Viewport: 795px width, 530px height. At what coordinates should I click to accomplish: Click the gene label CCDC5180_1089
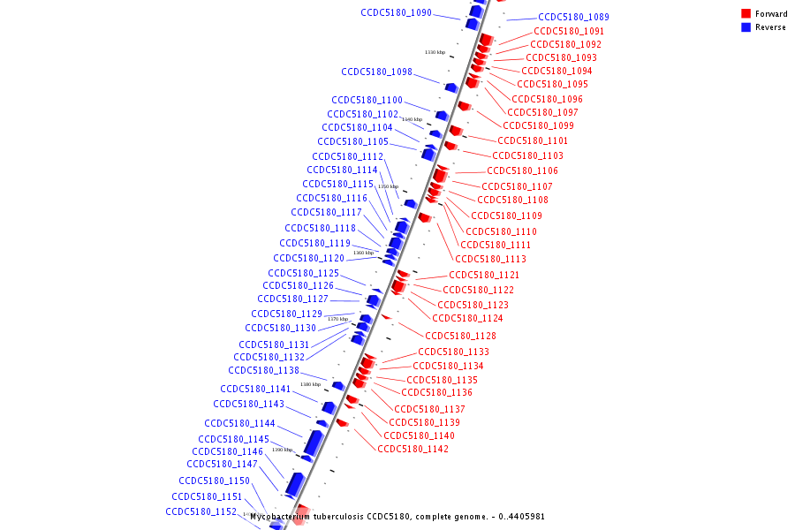pos(573,17)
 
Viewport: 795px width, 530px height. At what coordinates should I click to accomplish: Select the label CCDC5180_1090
pos(396,13)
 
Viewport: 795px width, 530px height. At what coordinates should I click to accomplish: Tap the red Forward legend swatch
pos(746,14)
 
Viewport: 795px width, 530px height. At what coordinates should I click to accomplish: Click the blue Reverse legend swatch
pos(746,27)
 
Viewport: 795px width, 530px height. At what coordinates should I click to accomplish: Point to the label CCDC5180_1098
pos(376,72)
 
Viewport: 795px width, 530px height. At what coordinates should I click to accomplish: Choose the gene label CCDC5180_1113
pos(490,260)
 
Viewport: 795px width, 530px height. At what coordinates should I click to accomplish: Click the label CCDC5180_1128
pos(460,337)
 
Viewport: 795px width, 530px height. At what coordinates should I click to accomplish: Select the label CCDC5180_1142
pos(413,450)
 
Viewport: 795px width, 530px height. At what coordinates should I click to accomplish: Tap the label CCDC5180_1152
pos(201,512)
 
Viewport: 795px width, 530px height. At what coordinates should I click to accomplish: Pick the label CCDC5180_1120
pos(308,259)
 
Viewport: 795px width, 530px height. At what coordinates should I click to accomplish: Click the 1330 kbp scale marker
pos(435,52)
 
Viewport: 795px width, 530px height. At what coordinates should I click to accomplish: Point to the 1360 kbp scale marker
pos(363,253)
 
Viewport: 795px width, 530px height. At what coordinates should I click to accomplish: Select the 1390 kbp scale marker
pos(282,450)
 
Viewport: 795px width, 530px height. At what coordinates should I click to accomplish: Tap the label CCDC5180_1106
pos(522,171)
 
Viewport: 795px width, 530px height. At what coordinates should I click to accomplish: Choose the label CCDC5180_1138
pos(263,371)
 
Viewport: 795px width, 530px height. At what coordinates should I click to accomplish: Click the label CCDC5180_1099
pos(538,125)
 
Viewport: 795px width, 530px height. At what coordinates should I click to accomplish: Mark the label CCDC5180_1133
pos(453,352)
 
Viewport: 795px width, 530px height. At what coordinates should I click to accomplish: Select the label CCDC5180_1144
pos(239,424)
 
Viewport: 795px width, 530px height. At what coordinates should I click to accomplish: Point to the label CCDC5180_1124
pos(467,319)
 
